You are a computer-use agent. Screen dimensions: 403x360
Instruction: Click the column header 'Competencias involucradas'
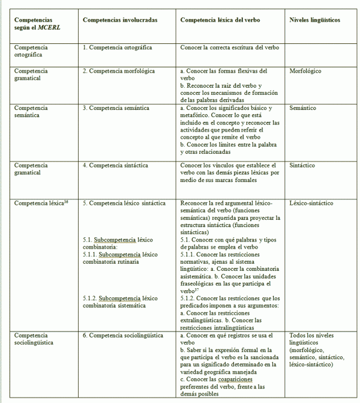(x=120, y=20)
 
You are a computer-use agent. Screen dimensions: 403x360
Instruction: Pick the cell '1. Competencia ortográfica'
(x=117, y=47)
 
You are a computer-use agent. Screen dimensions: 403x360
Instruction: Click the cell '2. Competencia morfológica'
(x=119, y=71)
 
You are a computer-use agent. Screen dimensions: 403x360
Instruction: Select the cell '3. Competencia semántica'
(x=115, y=108)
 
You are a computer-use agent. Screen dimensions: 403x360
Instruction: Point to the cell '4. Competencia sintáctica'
(x=115, y=165)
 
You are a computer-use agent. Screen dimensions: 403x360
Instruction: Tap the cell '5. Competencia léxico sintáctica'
(x=124, y=204)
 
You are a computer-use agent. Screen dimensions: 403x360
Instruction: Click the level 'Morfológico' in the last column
(x=305, y=71)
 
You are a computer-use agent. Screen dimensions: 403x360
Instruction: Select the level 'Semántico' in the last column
(x=302, y=108)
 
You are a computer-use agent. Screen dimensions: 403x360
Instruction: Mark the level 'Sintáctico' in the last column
(x=302, y=165)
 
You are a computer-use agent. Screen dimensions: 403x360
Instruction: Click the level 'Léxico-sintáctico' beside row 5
(x=311, y=204)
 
